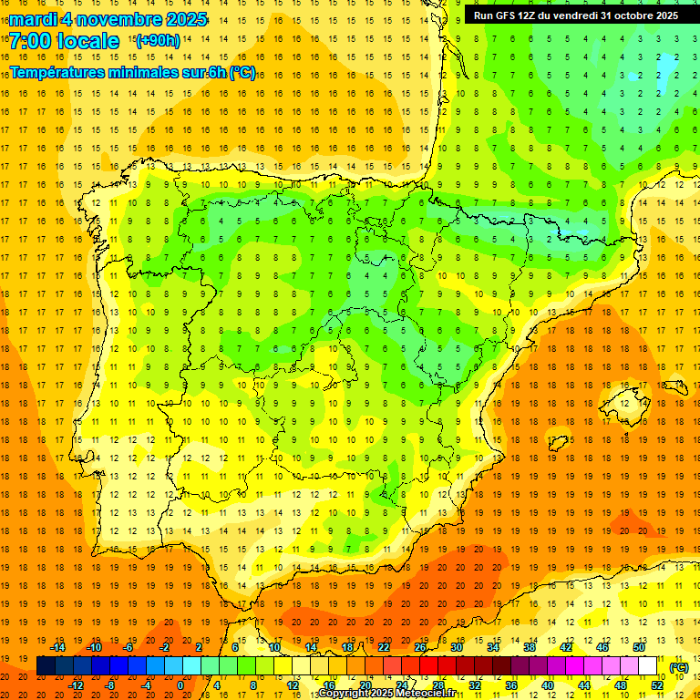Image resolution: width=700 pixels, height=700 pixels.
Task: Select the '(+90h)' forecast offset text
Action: tap(158, 41)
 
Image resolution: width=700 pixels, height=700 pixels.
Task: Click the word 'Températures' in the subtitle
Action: tap(60, 72)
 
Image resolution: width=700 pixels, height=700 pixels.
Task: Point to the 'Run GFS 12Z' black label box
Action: tap(575, 15)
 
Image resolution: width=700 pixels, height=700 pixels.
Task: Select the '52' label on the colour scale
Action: tap(657, 685)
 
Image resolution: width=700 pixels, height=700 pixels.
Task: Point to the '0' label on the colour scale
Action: tap(180, 685)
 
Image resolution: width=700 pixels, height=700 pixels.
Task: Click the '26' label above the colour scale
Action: tap(420, 648)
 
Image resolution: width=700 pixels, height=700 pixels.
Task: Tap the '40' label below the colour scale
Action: tap(547, 685)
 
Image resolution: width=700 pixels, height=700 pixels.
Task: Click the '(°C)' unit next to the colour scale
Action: tap(679, 666)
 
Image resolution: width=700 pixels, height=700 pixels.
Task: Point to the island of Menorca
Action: tap(673, 373)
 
